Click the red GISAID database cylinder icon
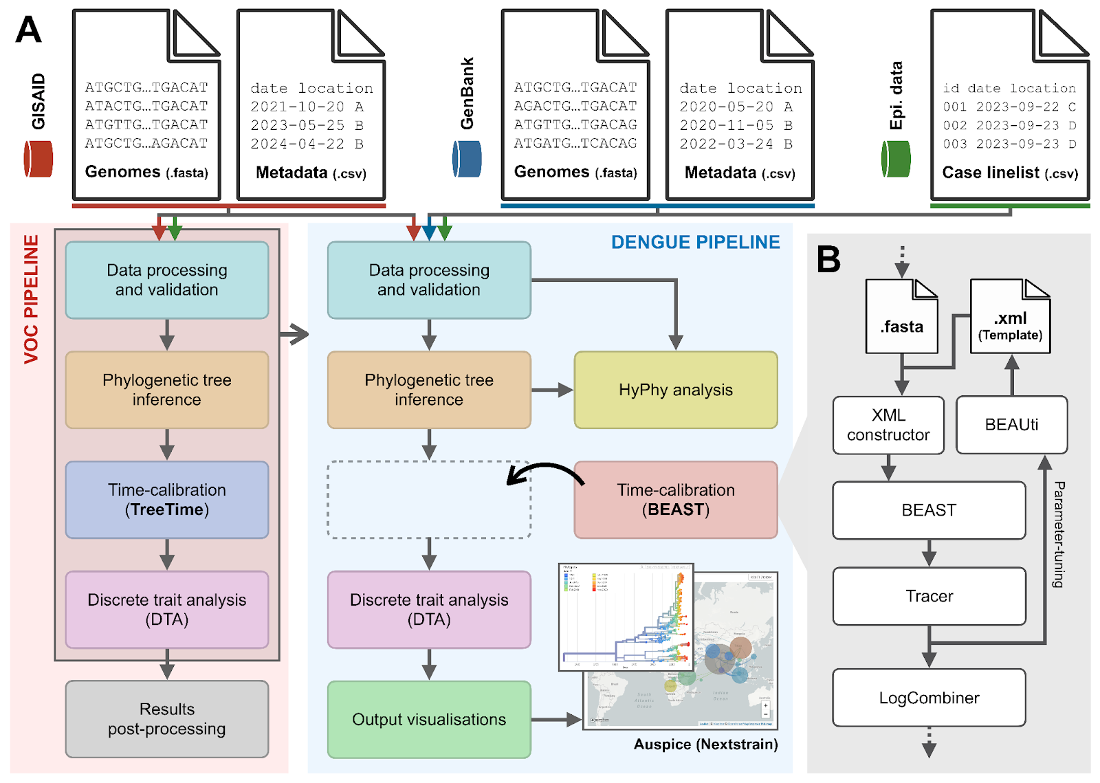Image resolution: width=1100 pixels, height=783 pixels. [38, 159]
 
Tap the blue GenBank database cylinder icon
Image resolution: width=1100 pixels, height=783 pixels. [467, 159]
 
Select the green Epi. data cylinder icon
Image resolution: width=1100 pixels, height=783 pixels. [896, 159]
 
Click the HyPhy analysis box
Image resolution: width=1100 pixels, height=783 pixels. [676, 390]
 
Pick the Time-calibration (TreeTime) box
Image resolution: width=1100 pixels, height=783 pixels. [167, 500]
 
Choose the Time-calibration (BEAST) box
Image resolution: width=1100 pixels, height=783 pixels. [676, 500]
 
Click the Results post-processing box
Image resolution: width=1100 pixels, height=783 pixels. [167, 719]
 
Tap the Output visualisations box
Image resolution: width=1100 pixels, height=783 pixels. [429, 719]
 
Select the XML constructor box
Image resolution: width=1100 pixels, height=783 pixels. [888, 425]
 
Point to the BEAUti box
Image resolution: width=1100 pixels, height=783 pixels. [1011, 425]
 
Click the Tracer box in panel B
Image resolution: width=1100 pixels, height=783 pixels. [929, 596]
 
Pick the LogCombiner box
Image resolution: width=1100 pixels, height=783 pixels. [929, 698]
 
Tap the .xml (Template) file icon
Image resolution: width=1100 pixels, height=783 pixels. [1010, 318]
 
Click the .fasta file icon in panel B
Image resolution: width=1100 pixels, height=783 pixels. [902, 318]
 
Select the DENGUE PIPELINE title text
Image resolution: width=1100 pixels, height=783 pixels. [695, 242]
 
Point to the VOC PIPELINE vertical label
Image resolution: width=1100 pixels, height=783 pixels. [31, 299]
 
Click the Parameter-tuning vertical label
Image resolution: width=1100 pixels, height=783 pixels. [1059, 534]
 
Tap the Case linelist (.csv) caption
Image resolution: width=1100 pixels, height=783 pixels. [1009, 173]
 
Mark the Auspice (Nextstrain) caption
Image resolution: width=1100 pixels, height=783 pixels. [705, 745]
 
